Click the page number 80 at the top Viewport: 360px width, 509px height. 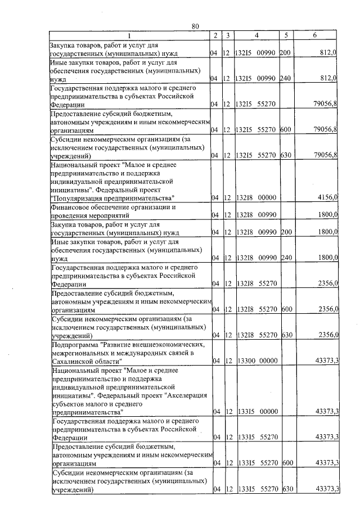click(x=195, y=26)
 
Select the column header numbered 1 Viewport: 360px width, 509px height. click(x=129, y=35)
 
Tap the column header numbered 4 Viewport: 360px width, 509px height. click(x=256, y=35)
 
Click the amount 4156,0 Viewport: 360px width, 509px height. click(x=326, y=197)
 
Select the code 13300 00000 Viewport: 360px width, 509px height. click(x=256, y=361)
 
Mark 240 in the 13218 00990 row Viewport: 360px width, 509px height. click(x=287, y=258)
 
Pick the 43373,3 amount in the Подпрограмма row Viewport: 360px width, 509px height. click(x=327, y=361)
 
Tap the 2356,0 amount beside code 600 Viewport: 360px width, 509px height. click(x=326, y=309)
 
